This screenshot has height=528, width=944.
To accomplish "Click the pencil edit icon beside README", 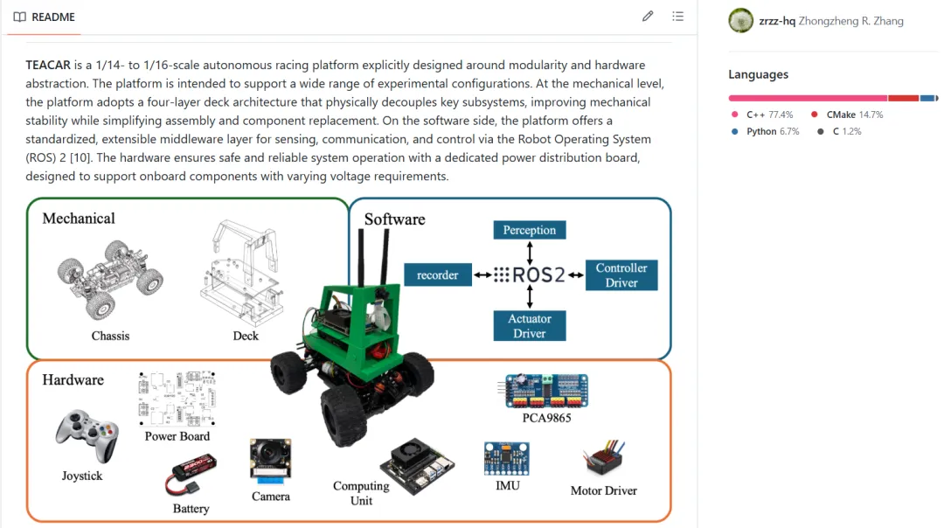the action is pyautogui.click(x=647, y=17).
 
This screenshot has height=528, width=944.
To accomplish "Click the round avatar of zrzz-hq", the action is pyautogui.click(x=740, y=20).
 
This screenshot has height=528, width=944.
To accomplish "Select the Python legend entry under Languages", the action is pyautogui.click(x=765, y=131).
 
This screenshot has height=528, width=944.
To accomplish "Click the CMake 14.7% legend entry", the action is pyautogui.click(x=847, y=115).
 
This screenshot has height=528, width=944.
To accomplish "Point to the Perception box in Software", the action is pyautogui.click(x=529, y=230).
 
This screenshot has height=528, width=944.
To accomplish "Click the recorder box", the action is pyautogui.click(x=438, y=275).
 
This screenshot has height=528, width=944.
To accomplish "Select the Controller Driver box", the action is pyautogui.click(x=621, y=275).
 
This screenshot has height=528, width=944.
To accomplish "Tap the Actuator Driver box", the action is pyautogui.click(x=529, y=326).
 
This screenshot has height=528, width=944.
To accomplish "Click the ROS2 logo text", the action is pyautogui.click(x=530, y=275).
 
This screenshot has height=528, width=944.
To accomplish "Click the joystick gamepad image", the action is pyautogui.click(x=87, y=436).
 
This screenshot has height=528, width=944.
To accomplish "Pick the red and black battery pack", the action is pyautogui.click(x=191, y=474).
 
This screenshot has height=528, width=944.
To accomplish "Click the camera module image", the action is pyautogui.click(x=270, y=462).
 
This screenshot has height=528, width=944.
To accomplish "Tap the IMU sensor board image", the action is pyautogui.click(x=506, y=459).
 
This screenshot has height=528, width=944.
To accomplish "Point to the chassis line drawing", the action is pyautogui.click(x=110, y=280).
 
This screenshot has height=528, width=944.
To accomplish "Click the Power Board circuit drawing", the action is pyautogui.click(x=177, y=399).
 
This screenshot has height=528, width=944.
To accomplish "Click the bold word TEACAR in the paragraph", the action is pyautogui.click(x=48, y=65).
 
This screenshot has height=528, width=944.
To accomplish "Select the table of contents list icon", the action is pyautogui.click(x=678, y=17).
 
